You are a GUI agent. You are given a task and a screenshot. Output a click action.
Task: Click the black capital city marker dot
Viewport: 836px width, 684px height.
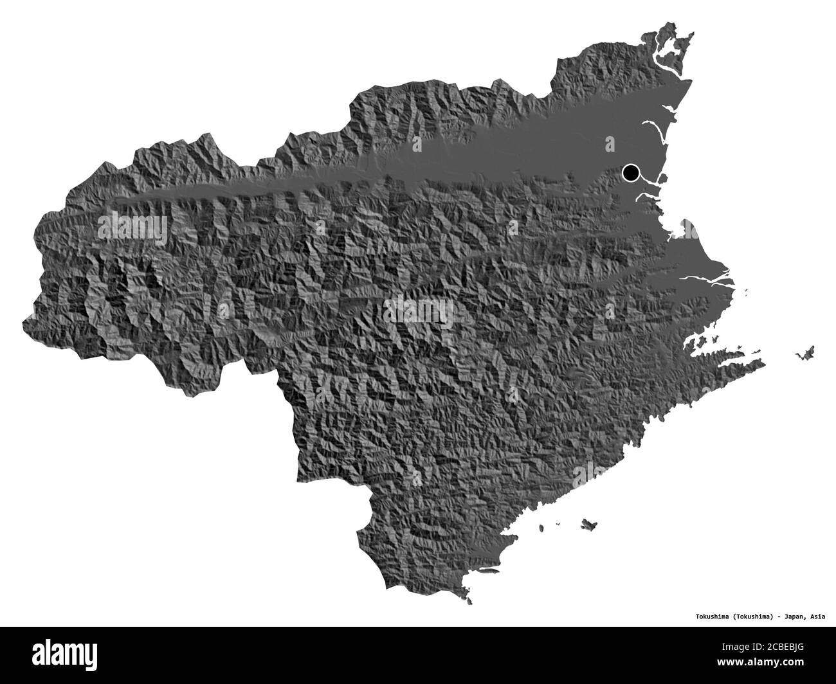point(631,172)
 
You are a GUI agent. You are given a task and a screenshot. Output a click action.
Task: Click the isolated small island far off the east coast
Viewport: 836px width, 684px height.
point(805,352)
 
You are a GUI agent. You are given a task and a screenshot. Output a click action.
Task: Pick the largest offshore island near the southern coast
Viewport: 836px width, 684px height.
point(586,524)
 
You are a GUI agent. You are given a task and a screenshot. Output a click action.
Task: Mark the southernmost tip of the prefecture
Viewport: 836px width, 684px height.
point(470,602)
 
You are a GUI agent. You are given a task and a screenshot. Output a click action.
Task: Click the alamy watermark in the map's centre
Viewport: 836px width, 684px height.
point(418,314)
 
